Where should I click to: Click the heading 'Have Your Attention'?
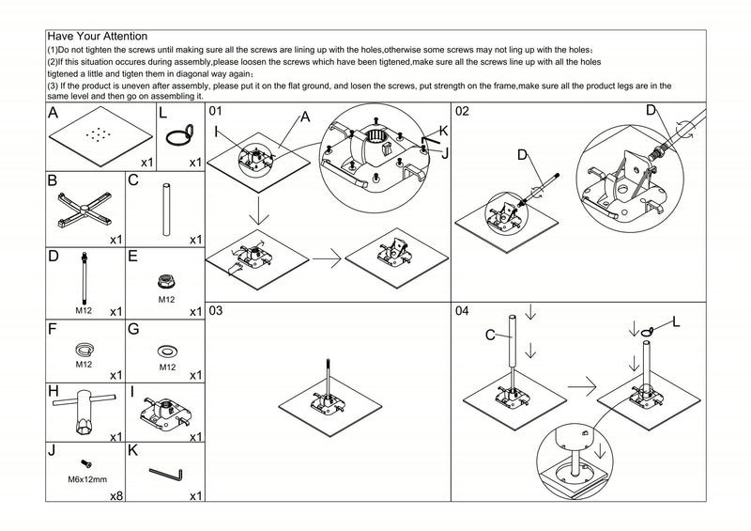(96, 37)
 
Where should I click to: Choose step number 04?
(462, 311)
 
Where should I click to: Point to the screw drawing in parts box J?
(85, 464)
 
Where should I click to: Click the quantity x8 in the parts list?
(116, 495)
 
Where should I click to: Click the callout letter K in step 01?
(442, 133)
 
